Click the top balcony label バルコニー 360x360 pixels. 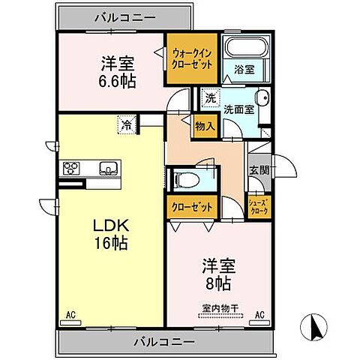(x=124, y=15)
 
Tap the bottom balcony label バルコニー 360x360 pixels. (x=164, y=342)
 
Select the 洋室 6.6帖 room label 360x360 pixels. (x=116, y=72)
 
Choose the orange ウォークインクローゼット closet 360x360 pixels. (x=192, y=59)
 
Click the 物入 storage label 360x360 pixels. (x=205, y=126)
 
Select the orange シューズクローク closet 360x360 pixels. (x=258, y=208)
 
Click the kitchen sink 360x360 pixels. (x=106, y=167)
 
